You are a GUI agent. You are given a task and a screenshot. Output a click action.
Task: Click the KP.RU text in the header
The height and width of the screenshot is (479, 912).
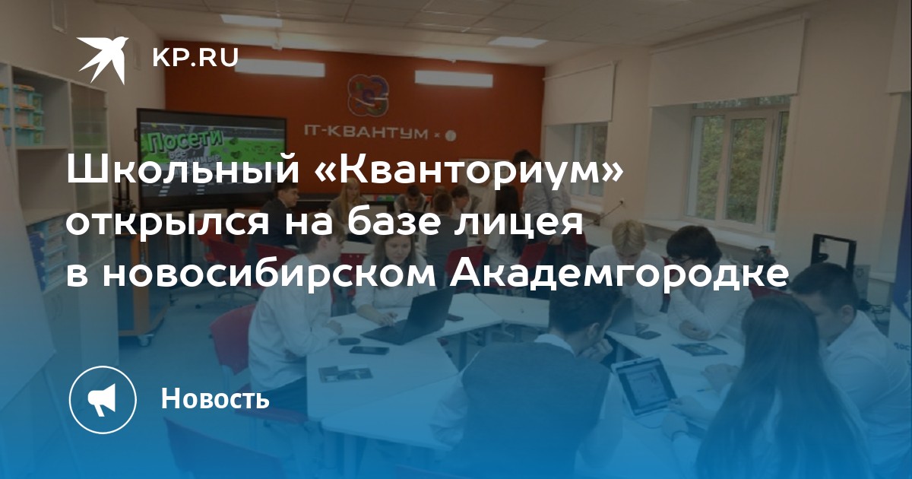coord(195,58)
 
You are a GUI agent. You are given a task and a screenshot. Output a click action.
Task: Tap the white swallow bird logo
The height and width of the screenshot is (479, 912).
coord(103,59)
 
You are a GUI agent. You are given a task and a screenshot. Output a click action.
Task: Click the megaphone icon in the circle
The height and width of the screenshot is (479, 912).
coord(102,400)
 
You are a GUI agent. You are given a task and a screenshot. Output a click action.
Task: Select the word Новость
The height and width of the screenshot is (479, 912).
coord(215,398)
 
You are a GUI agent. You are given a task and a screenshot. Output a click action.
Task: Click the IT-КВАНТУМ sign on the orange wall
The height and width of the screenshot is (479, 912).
coord(366,132)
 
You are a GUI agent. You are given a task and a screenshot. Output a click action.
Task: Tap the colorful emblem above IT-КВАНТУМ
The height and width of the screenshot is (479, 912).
coord(368,96)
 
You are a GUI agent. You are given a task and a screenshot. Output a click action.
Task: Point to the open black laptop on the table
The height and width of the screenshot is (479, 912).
coord(411,315)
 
